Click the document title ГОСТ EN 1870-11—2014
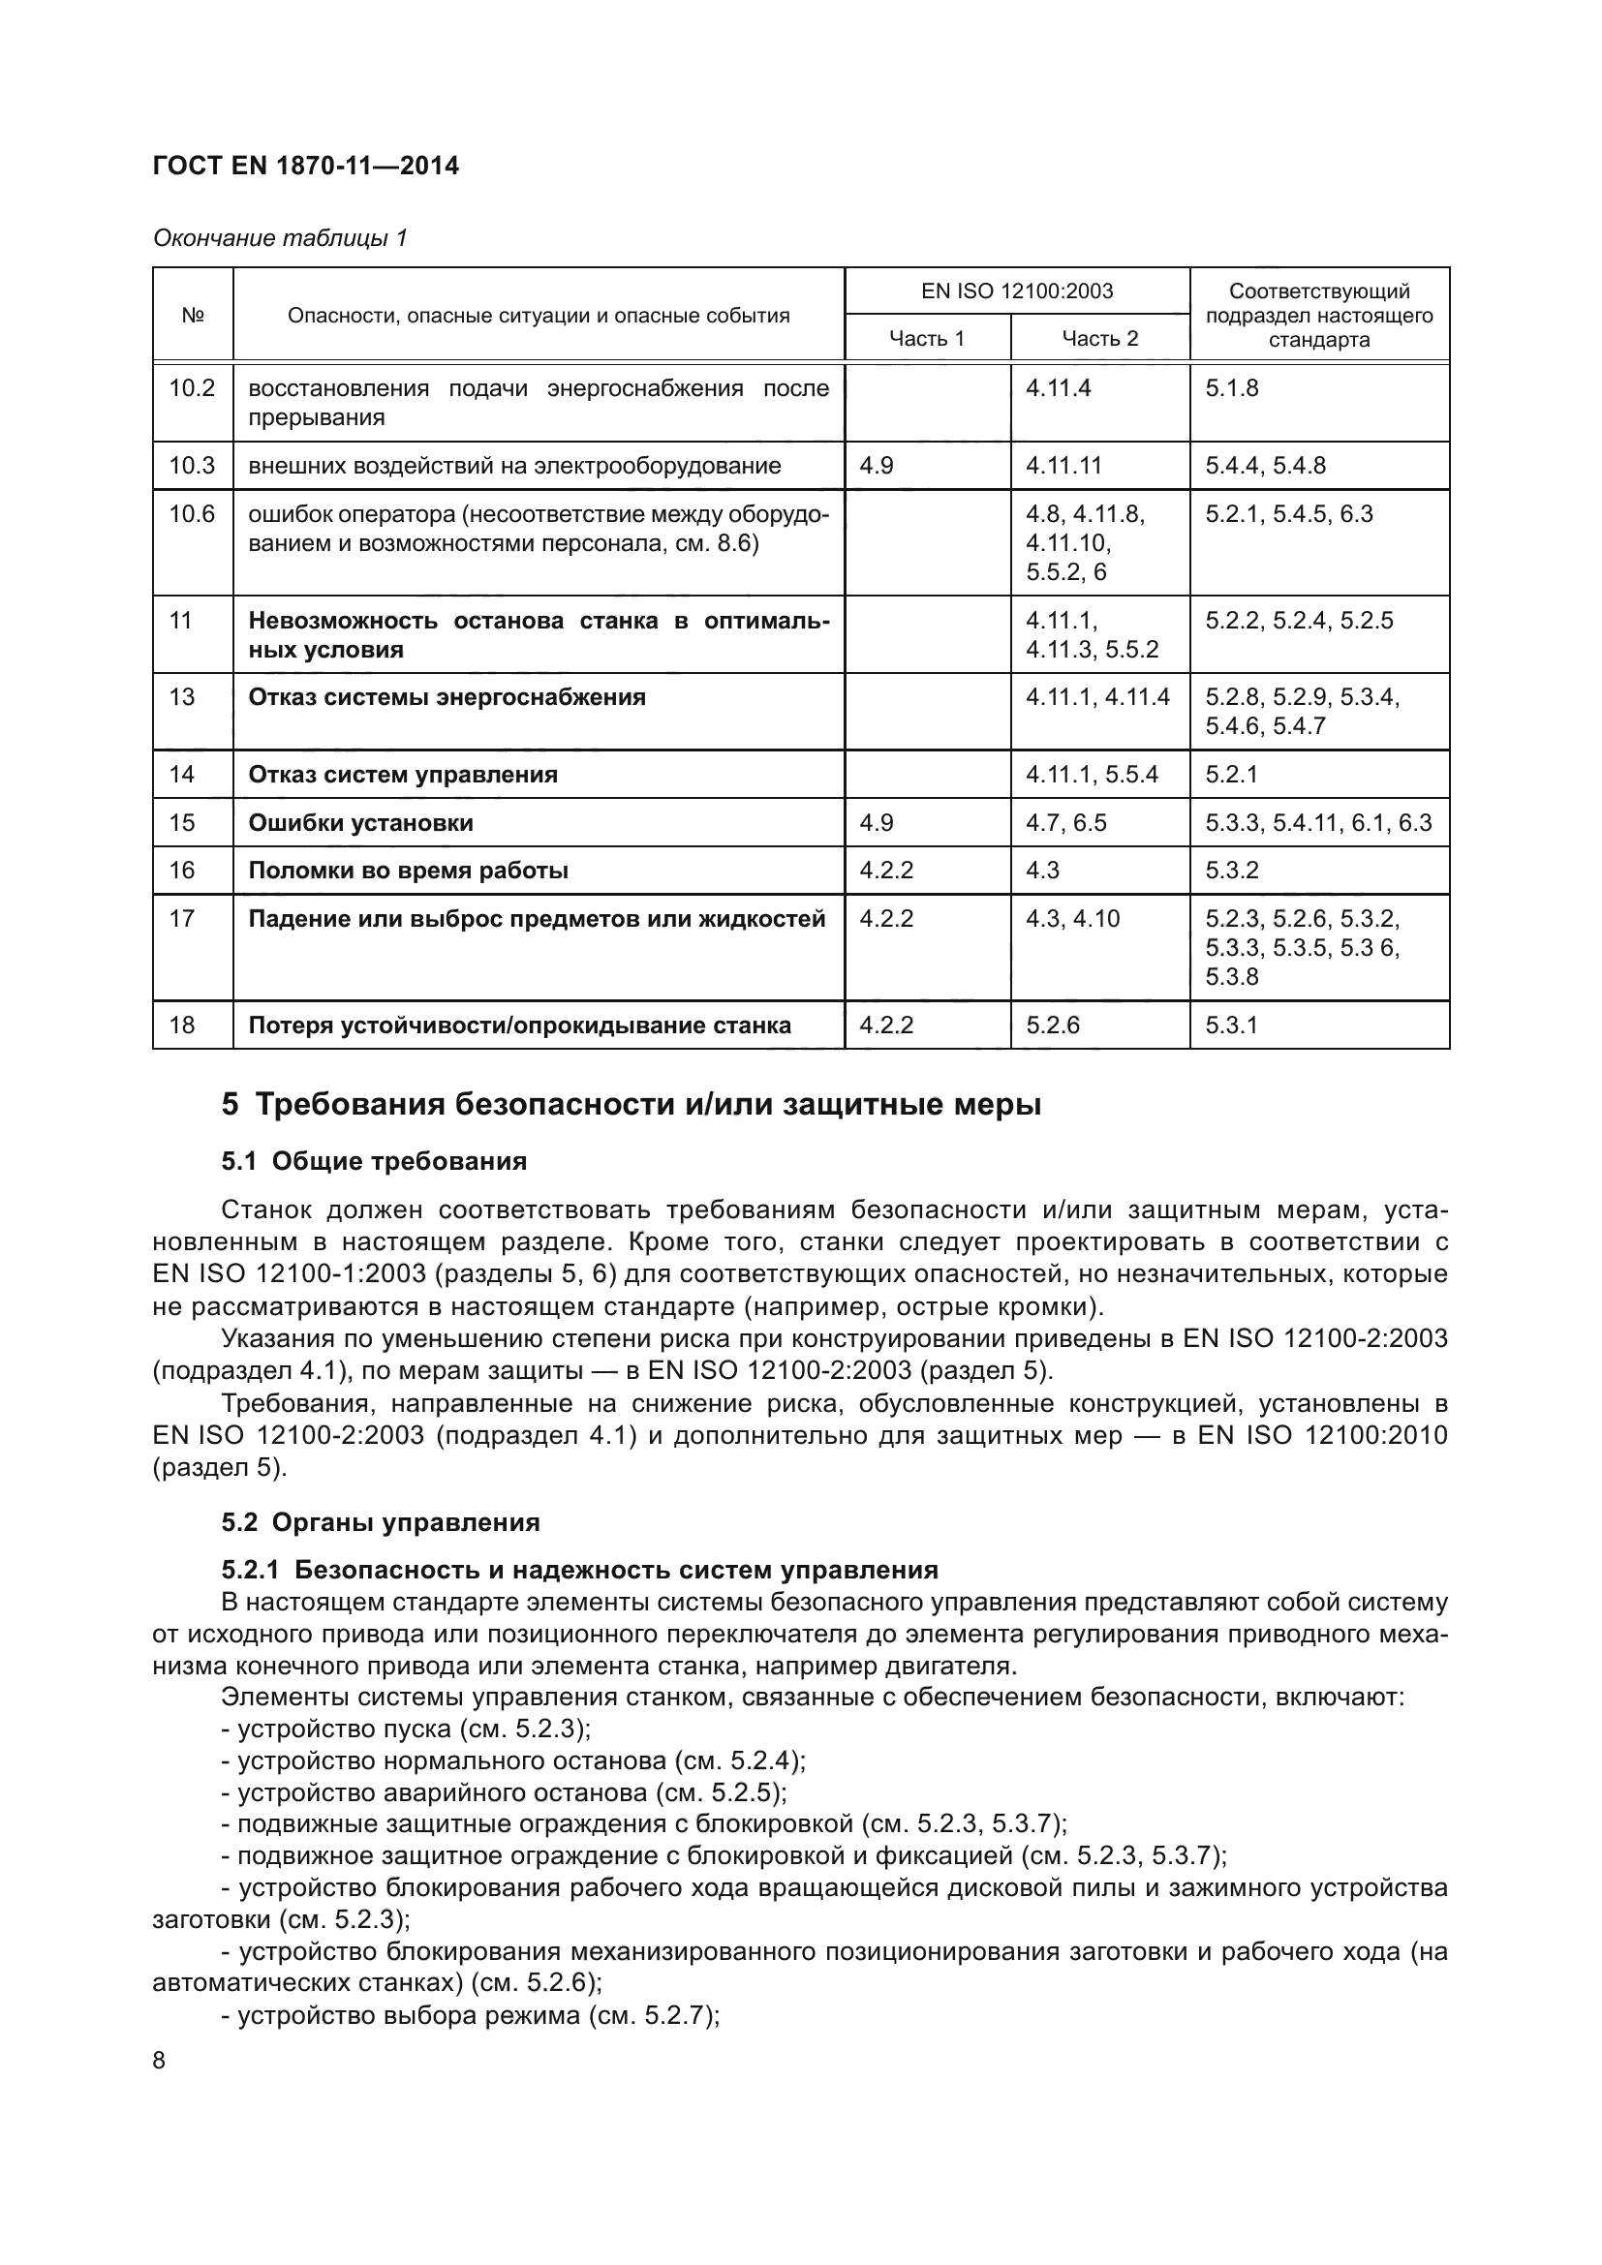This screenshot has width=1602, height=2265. [306, 166]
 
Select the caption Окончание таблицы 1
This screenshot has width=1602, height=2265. [280, 238]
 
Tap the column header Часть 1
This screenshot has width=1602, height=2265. [926, 338]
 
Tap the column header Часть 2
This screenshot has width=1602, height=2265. [1100, 338]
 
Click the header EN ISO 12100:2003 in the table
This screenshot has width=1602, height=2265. [1016, 291]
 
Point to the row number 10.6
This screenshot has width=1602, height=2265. [192, 514]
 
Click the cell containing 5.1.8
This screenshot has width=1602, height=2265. [1232, 387]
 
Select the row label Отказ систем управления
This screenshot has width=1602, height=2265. [403, 775]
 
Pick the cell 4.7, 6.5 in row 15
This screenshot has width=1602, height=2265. [1065, 823]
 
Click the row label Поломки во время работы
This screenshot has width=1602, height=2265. [409, 871]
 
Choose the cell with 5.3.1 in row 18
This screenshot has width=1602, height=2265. [1231, 1025]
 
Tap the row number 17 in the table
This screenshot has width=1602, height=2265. [182, 918]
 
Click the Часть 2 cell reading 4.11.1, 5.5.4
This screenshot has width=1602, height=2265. [1091, 775]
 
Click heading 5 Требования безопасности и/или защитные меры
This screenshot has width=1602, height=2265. [632, 1104]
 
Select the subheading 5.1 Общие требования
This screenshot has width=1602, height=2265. [374, 1161]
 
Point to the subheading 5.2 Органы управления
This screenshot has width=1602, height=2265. [381, 1522]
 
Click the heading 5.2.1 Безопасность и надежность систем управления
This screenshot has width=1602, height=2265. [580, 1570]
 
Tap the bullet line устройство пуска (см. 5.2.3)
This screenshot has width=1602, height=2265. [407, 1729]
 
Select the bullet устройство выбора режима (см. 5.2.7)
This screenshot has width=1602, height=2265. [472, 2015]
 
